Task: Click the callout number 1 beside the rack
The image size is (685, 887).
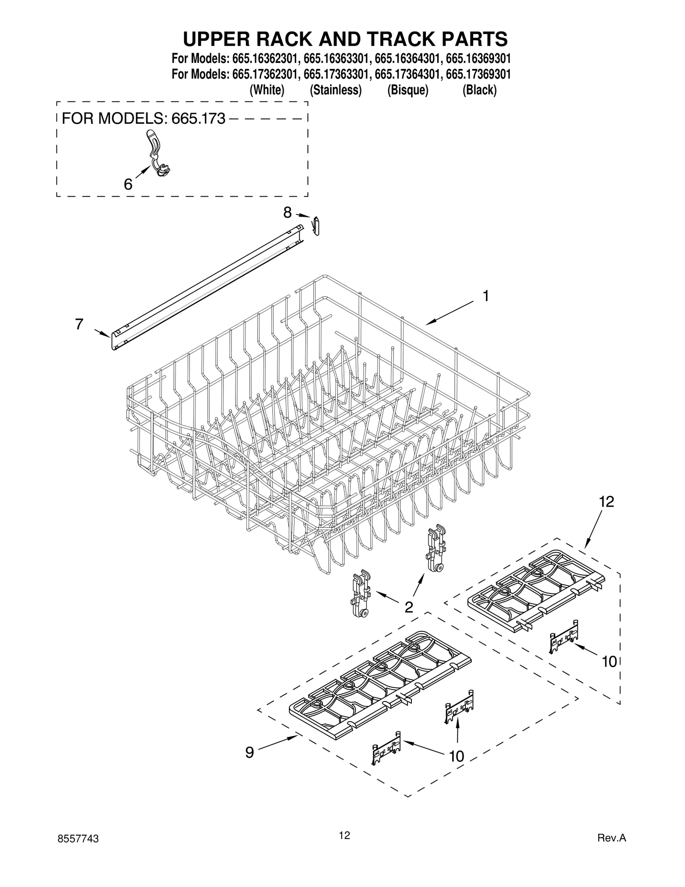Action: click(x=485, y=296)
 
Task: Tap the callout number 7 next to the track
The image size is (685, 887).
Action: click(x=79, y=324)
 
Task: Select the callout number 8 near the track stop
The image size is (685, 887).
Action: click(x=287, y=212)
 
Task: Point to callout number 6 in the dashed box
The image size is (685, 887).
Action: click(x=128, y=184)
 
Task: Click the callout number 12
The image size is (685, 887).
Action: click(x=606, y=502)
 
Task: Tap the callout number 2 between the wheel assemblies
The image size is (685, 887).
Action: click(x=409, y=606)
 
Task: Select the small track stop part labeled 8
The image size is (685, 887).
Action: click(x=316, y=226)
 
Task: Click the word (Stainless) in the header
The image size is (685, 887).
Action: click(x=336, y=90)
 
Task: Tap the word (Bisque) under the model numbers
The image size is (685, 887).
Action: click(x=408, y=90)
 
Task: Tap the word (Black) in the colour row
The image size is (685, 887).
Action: click(x=479, y=90)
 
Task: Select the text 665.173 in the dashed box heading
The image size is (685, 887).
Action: click(x=198, y=119)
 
